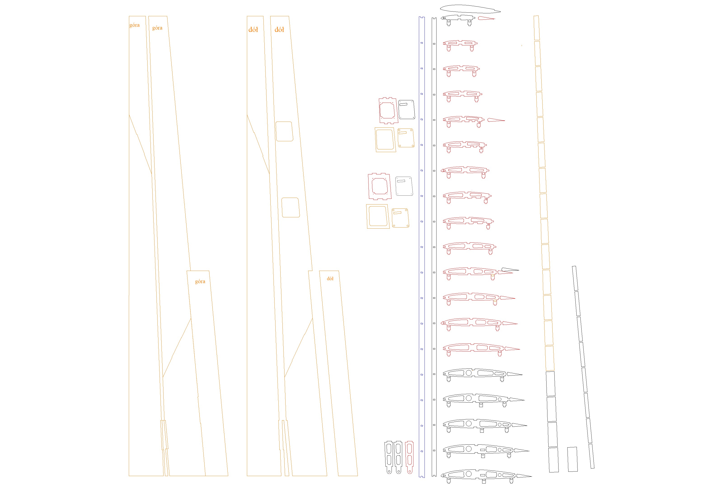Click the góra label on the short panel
click(x=200, y=282)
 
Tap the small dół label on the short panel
click(x=330, y=279)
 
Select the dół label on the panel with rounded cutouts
click(x=279, y=30)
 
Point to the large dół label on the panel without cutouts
click(x=253, y=30)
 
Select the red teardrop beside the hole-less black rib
click(x=485, y=18)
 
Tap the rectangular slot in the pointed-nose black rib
click(x=483, y=475)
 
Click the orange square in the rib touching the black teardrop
click(x=493, y=276)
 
